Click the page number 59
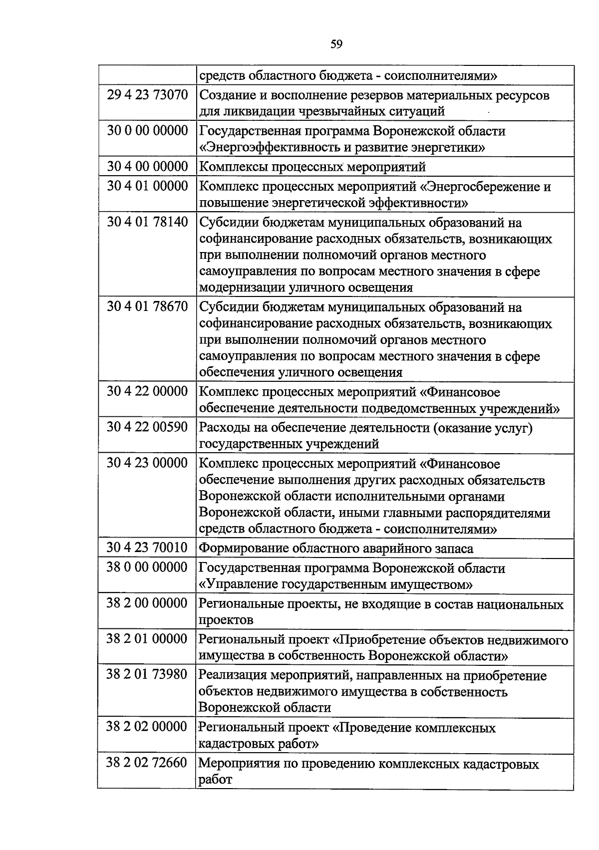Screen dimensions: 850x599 pos(336,45)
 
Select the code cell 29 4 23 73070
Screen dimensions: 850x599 pos(147,94)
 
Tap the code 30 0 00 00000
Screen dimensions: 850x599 pos(147,131)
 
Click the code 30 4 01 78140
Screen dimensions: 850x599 pos(147,222)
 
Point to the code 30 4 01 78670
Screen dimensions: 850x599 pos(147,306)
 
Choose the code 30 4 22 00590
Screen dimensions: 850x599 pos(147,427)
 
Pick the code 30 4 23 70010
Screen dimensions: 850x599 pos(147,548)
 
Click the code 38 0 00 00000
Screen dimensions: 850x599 pos(147,567)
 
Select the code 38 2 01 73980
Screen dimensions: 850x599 pos(147,675)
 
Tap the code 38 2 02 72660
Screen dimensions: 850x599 pos(147,763)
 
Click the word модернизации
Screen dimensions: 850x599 pos(242,287)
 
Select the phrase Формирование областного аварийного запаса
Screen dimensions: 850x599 pos(336,549)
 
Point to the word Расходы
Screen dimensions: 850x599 pos(223,428)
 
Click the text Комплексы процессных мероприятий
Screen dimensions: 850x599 pos(312,166)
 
